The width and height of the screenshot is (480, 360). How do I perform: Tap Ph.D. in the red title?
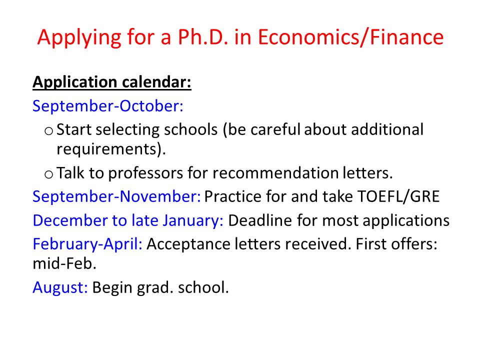click(203, 38)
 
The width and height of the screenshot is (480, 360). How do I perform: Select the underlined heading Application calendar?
click(112, 82)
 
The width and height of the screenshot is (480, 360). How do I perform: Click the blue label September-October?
click(108, 106)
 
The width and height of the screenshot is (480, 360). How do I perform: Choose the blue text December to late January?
click(128, 220)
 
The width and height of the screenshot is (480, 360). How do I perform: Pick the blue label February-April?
click(88, 244)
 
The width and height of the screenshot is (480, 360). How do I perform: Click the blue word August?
click(60, 287)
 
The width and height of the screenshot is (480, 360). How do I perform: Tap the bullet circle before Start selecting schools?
click(48, 131)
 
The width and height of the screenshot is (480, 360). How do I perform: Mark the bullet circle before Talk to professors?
click(48, 174)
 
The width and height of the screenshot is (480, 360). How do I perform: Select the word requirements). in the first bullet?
click(110, 148)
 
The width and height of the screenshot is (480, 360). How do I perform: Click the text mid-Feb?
click(64, 264)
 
